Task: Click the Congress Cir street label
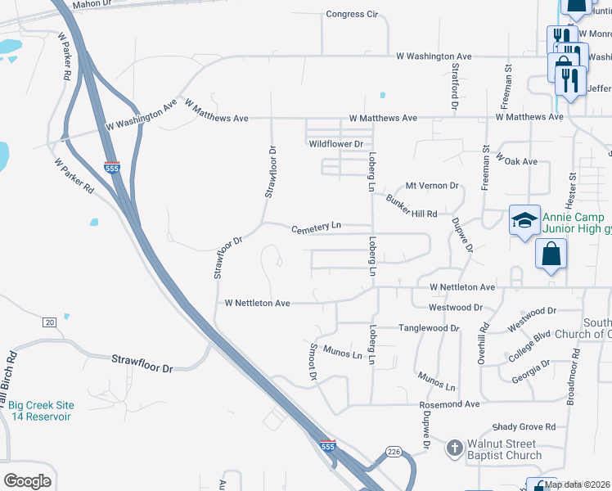352,14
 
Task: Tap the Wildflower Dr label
335,144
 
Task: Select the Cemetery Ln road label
317,227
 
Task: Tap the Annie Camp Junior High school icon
524,219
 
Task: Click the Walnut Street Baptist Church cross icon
455,448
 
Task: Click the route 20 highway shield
49,322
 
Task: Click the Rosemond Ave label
449,404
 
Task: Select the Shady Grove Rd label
524,427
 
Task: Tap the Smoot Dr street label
313,363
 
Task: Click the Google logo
27,481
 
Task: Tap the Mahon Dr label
92,4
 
